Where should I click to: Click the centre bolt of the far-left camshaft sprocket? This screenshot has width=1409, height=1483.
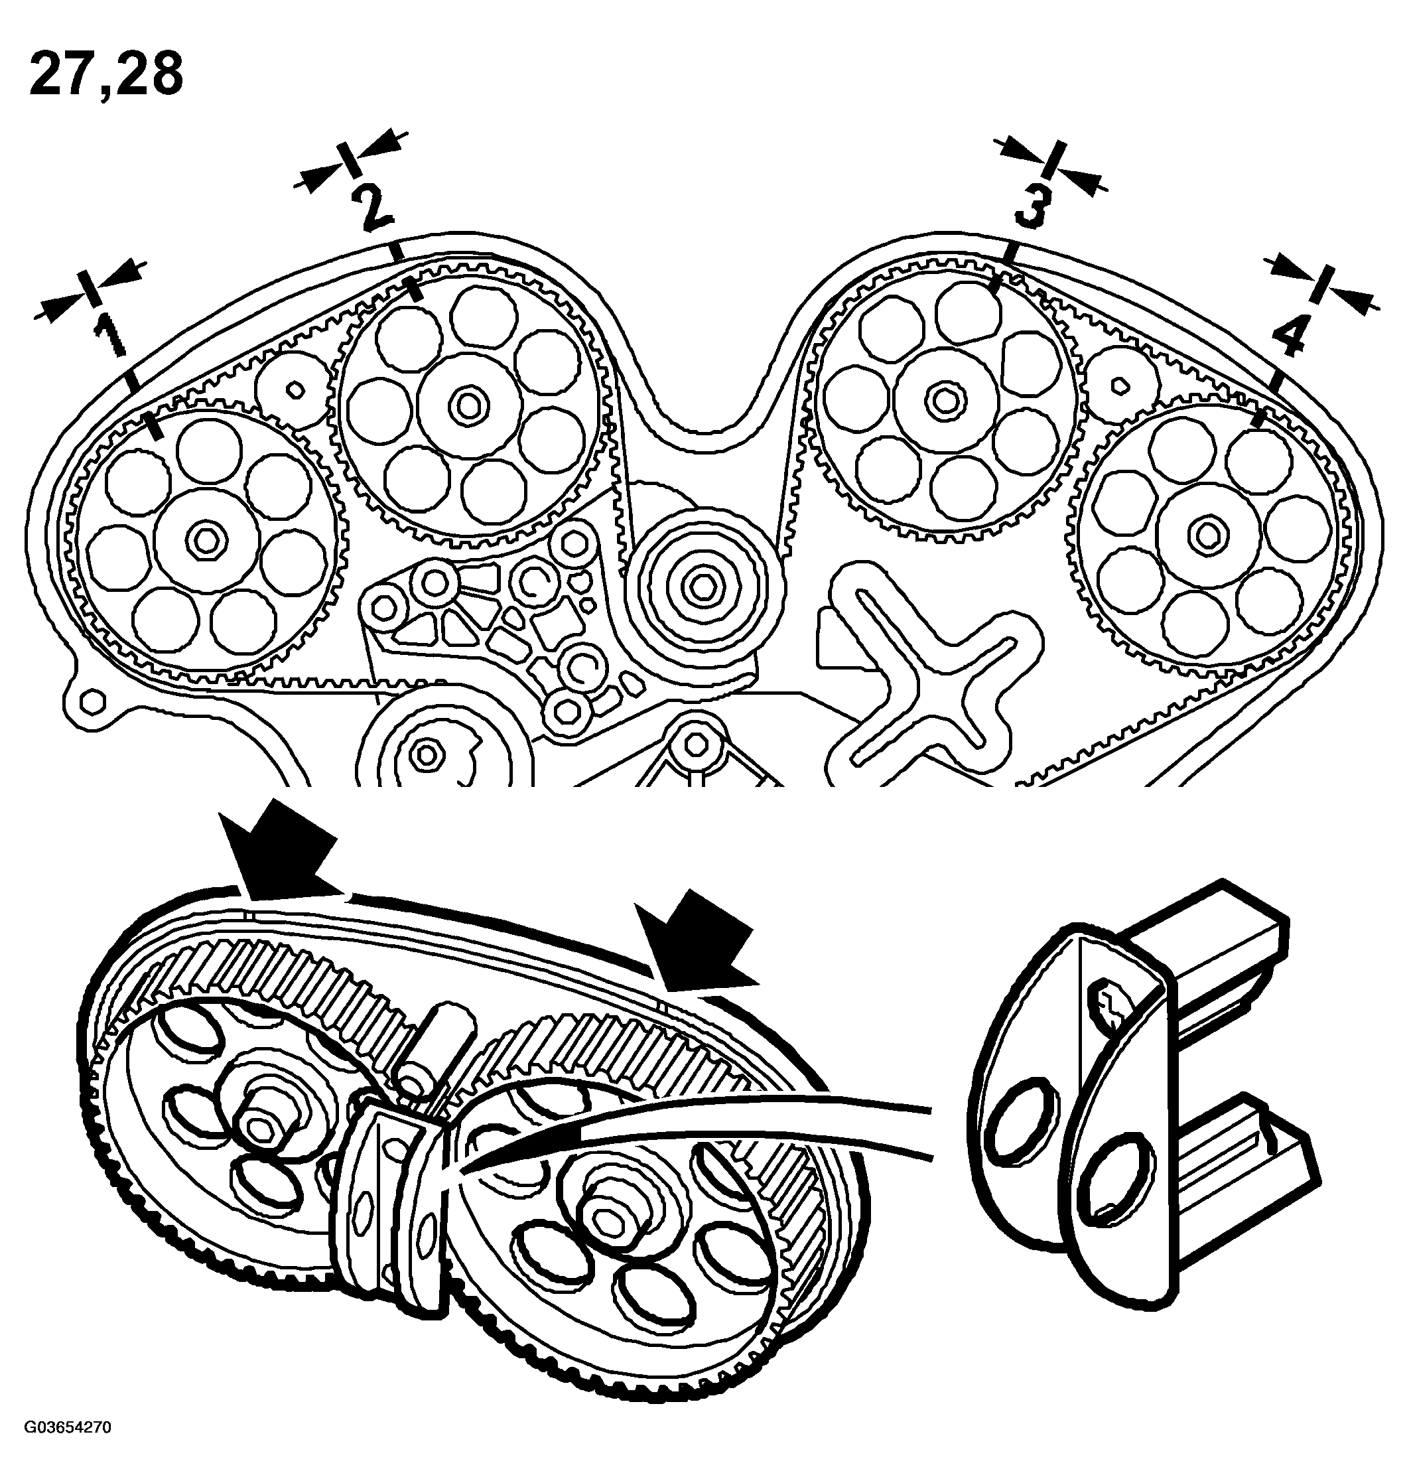(204, 538)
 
